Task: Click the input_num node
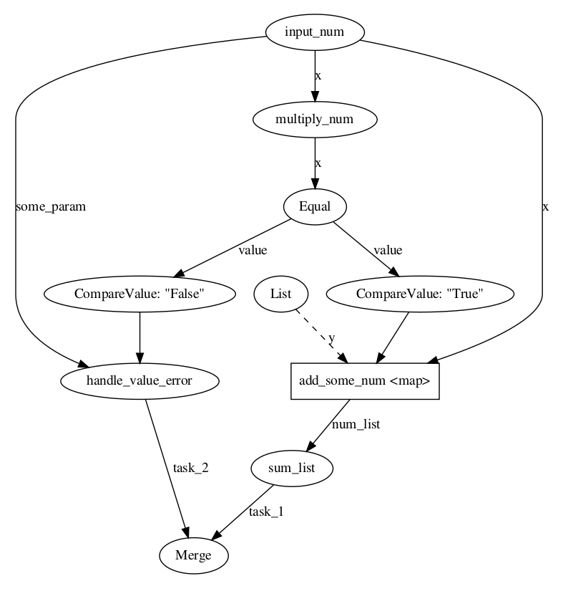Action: point(315,32)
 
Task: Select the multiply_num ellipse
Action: point(315,120)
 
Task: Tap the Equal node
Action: point(315,206)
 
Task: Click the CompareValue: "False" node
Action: point(139,294)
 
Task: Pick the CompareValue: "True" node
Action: point(420,294)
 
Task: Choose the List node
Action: point(281,294)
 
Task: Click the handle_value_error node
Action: point(139,381)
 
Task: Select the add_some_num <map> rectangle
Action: point(364,381)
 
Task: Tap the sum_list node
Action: point(293,469)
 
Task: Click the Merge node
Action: point(193,555)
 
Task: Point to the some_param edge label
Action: point(50,207)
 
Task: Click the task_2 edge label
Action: point(191,468)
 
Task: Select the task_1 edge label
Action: point(266,511)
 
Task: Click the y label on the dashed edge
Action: point(331,337)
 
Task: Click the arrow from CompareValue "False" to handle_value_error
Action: point(139,337)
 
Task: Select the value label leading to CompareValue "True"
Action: point(388,250)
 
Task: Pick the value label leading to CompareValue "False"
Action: point(252,250)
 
